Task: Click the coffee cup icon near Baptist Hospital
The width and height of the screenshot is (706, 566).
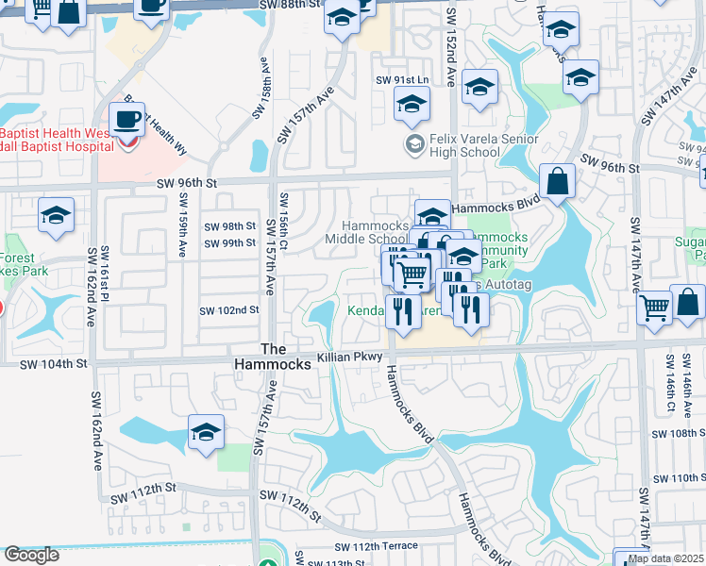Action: click(x=126, y=120)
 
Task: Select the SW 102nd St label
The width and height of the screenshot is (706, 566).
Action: click(x=228, y=309)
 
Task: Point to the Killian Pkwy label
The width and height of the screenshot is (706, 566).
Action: click(x=349, y=357)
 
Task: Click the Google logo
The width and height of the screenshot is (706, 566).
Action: click(x=31, y=555)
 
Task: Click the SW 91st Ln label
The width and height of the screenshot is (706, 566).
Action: click(x=403, y=81)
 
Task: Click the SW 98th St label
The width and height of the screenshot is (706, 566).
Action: click(x=232, y=226)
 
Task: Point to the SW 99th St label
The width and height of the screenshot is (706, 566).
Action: click(x=232, y=243)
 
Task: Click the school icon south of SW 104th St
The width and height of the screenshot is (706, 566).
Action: click(x=206, y=432)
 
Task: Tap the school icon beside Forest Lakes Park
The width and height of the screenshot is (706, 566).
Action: click(x=56, y=215)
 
